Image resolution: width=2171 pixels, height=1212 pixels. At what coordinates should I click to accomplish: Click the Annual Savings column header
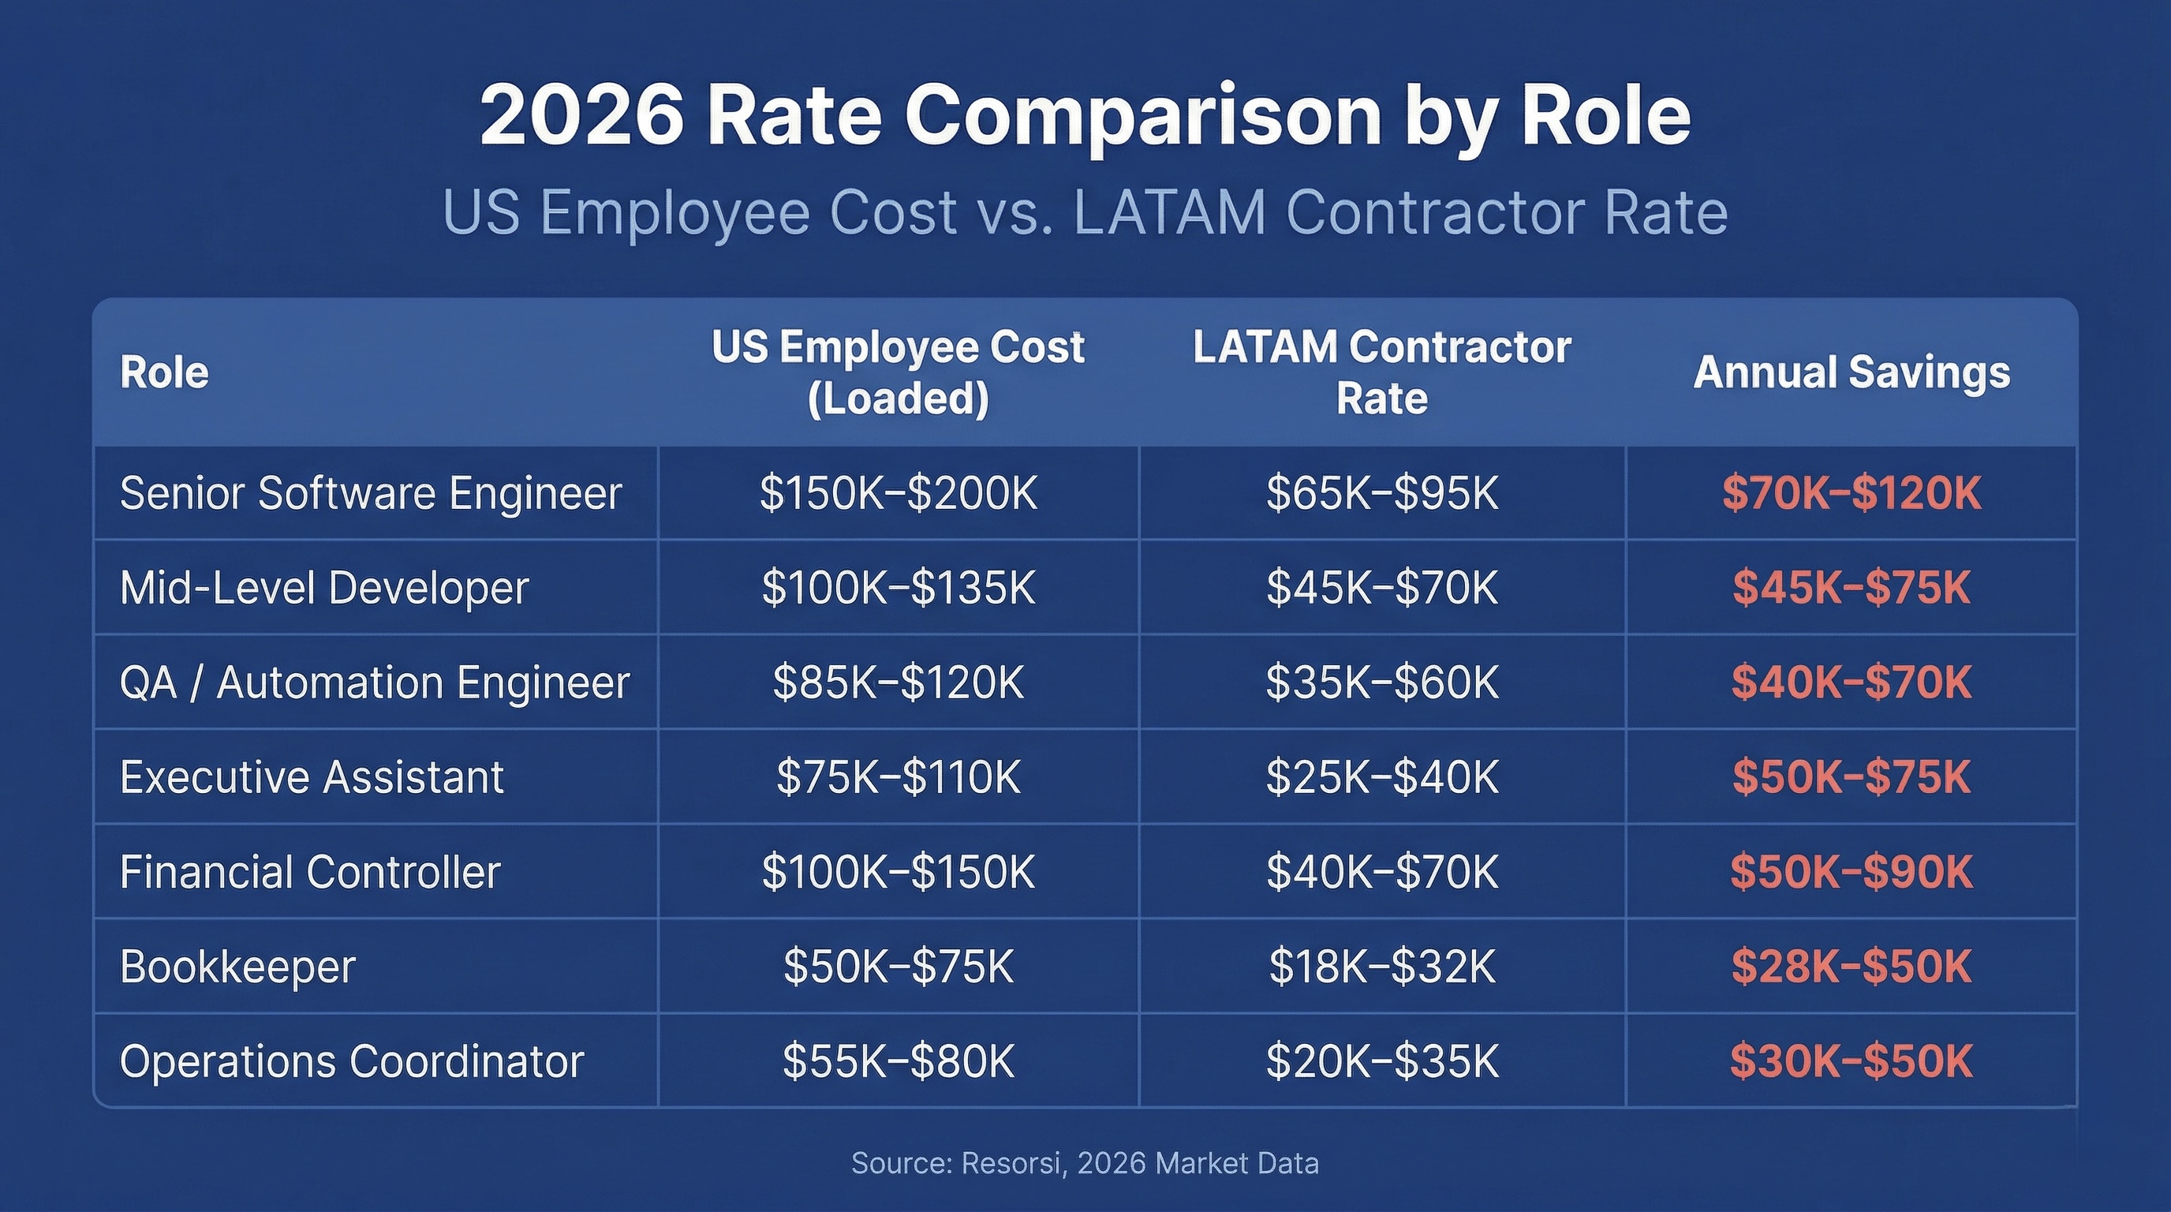(x=1851, y=372)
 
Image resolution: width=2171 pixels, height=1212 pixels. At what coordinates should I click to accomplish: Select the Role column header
(x=164, y=372)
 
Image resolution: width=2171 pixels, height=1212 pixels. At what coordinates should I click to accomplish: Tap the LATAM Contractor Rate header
(x=1381, y=372)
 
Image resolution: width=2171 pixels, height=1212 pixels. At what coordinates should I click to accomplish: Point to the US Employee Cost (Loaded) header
(x=898, y=372)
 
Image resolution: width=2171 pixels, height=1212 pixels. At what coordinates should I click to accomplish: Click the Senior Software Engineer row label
(x=371, y=493)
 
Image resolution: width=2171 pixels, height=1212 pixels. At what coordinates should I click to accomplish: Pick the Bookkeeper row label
(x=237, y=966)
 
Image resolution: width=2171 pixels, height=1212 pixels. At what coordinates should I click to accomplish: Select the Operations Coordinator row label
(x=351, y=1061)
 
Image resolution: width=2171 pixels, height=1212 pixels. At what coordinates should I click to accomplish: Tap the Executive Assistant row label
(x=312, y=776)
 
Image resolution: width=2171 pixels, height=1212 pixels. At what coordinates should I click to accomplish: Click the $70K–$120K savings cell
(x=1851, y=493)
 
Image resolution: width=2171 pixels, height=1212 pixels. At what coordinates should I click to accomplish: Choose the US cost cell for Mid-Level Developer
(x=898, y=588)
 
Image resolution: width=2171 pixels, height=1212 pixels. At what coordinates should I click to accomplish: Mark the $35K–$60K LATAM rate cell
(x=1382, y=682)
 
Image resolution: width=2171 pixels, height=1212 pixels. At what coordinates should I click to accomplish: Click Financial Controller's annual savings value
(x=1851, y=871)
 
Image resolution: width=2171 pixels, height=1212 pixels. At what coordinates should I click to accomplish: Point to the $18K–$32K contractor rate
(x=1382, y=966)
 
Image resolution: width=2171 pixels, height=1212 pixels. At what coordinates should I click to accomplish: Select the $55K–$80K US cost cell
(x=898, y=1061)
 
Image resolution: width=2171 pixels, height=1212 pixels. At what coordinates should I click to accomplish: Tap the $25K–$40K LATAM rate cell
(x=1382, y=776)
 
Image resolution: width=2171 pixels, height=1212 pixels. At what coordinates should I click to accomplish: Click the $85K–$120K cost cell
(x=898, y=682)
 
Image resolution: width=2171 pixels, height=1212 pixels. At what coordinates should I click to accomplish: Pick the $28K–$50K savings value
(x=1851, y=966)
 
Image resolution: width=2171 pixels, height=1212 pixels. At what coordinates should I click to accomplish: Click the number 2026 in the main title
(x=581, y=115)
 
